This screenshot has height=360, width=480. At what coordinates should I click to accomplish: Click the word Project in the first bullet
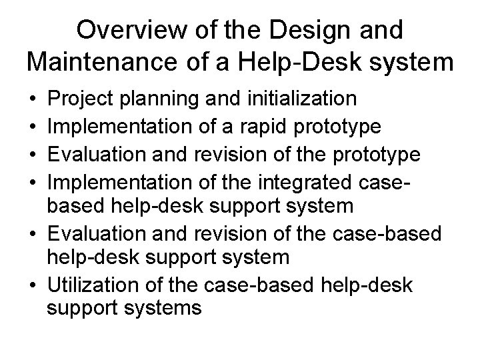click(x=78, y=99)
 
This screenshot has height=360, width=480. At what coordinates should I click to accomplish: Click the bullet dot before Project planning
click(x=33, y=100)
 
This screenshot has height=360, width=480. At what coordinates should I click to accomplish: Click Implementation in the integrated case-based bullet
click(x=111, y=180)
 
